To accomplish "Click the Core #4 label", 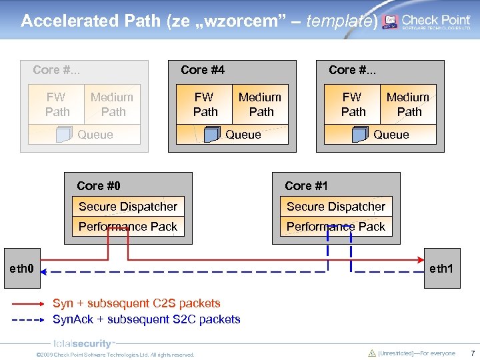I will (203, 70).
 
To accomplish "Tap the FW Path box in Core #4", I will (204, 104).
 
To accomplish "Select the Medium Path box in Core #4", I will (260, 104).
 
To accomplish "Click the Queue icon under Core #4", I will (212, 135).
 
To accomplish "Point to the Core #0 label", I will (99, 186).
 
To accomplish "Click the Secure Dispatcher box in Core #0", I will (128, 207).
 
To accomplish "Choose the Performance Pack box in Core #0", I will (128, 227).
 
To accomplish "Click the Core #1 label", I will (306, 186).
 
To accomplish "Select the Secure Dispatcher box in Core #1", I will (336, 207).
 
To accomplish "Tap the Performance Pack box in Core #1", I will (336, 227).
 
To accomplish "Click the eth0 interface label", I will (21, 269).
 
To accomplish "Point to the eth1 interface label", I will (441, 269).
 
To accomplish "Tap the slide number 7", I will (472, 353).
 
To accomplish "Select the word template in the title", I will (340, 21).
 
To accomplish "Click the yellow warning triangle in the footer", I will (372, 353).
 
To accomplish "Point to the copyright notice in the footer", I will (115, 355).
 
